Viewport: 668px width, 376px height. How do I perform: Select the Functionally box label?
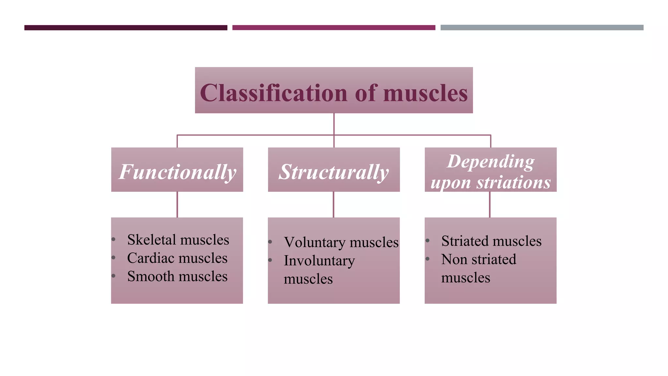coord(177,172)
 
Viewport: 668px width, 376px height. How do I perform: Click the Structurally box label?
coord(334,172)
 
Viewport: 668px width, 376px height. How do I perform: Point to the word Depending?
coord(491,161)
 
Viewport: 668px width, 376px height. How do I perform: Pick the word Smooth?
coord(149,276)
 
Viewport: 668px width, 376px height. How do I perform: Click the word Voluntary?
coord(314,243)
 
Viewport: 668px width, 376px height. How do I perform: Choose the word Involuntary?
coord(319,261)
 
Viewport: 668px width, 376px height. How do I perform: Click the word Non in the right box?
coord(454,259)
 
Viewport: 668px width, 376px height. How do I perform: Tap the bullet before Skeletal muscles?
coord(114,240)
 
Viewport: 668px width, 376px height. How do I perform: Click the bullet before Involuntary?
coord(270,260)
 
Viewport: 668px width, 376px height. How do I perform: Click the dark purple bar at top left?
coord(126,28)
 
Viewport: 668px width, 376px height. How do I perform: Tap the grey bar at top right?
coord(542,28)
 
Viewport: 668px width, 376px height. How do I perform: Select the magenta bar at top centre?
coord(334,28)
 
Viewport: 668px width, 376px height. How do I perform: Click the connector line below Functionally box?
coord(177,204)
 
